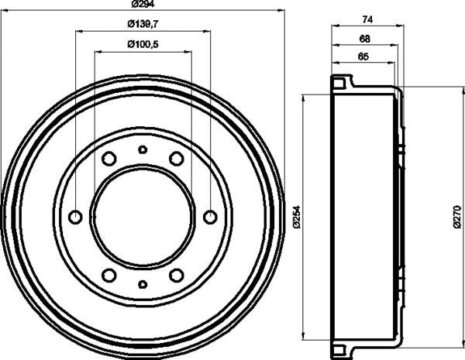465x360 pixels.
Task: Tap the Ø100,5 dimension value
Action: (143, 45)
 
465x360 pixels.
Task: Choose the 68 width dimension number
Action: (364, 39)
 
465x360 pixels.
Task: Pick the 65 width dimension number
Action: (363, 57)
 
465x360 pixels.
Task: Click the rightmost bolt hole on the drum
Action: (209, 217)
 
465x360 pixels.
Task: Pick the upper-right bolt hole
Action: (176, 159)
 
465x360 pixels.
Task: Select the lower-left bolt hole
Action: (109, 275)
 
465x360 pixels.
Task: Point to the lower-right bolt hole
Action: (176, 275)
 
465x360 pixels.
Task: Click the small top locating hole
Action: (142, 149)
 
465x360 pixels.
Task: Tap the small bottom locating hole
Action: (142, 284)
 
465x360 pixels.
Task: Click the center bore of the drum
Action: (142, 217)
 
